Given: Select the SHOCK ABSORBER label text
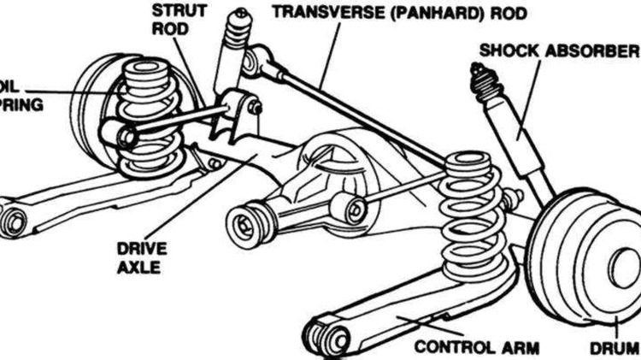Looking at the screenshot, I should [x=559, y=50].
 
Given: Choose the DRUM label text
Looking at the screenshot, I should [x=615, y=347].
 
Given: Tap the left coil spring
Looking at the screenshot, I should [x=147, y=115].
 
